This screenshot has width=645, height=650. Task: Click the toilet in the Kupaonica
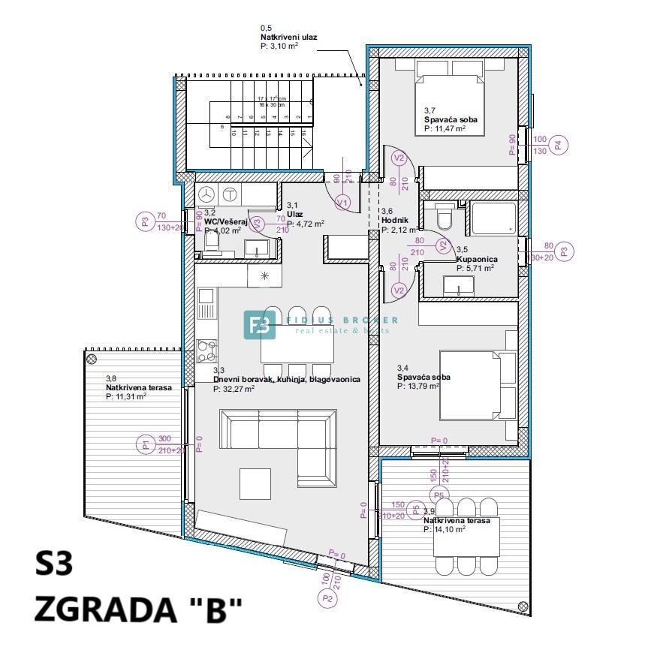445,219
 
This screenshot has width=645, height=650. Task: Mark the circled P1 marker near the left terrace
146,444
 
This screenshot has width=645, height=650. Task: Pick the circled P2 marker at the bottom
327,599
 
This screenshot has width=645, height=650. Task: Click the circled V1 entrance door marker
343,203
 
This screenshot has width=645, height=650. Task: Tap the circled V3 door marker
257,223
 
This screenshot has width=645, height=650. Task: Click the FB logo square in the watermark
260,324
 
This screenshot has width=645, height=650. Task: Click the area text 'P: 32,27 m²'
234,389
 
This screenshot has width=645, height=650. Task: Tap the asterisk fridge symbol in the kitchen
264,275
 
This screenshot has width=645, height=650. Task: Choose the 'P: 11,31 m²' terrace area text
126,396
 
